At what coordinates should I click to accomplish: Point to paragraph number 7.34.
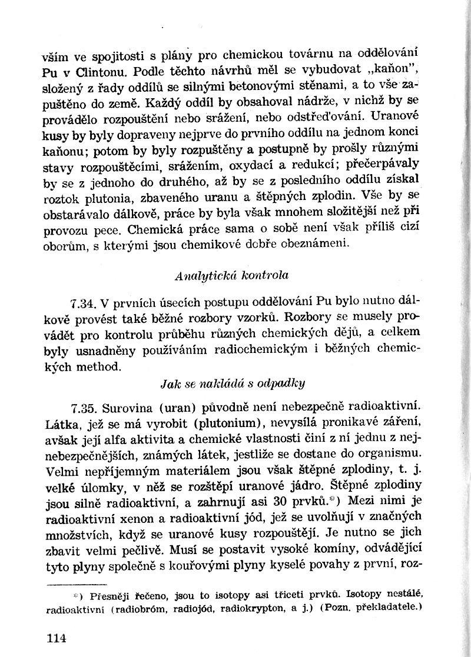(x=84, y=304)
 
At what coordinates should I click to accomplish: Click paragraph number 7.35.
(x=84, y=406)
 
